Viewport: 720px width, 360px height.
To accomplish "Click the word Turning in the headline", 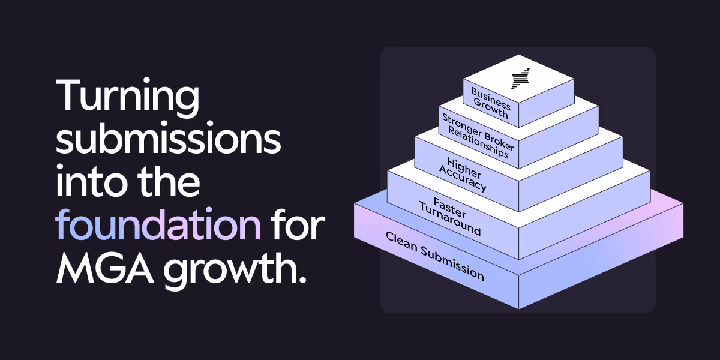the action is [x=127, y=97].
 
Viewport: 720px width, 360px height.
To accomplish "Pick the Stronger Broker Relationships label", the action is [x=475, y=135].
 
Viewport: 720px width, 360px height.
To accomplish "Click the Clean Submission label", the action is [x=434, y=256].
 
